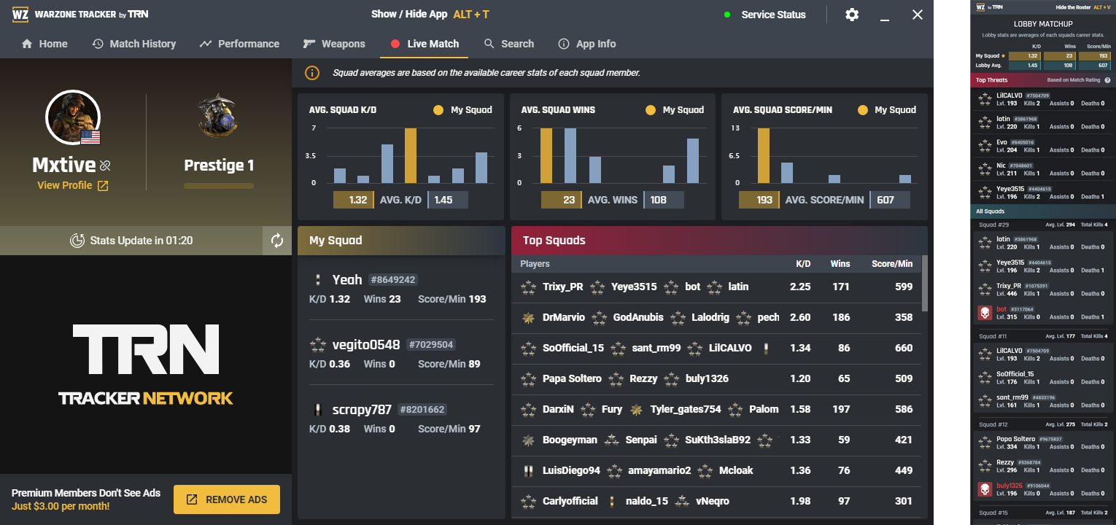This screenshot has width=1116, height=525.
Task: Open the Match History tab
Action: click(x=134, y=44)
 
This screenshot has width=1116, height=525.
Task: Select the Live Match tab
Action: click(x=425, y=44)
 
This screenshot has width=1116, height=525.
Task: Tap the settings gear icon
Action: click(x=852, y=15)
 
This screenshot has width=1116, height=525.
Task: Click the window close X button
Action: click(x=918, y=15)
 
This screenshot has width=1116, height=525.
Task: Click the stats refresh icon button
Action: click(x=277, y=241)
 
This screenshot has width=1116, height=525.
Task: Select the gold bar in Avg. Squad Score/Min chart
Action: click(x=764, y=155)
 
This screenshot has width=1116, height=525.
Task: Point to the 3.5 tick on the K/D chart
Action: click(x=310, y=156)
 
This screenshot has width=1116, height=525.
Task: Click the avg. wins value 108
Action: click(x=659, y=200)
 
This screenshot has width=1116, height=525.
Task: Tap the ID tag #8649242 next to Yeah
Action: click(x=393, y=279)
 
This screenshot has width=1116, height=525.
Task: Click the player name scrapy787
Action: click(x=362, y=409)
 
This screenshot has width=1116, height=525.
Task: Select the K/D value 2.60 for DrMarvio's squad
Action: click(x=800, y=317)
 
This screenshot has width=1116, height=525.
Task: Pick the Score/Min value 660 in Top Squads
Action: click(x=904, y=348)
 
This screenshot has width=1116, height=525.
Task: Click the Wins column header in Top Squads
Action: click(x=840, y=263)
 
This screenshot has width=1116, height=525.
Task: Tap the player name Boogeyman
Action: click(x=570, y=440)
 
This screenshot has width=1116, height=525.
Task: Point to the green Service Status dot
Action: click(x=727, y=15)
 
